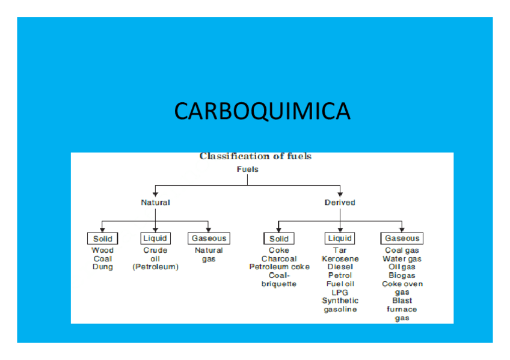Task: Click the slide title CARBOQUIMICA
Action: tap(262, 111)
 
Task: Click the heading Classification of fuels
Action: tap(255, 156)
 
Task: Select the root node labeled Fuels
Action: tap(247, 169)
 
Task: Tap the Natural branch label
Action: tap(155, 203)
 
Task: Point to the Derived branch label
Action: tap(340, 203)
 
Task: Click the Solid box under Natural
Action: tap(102, 239)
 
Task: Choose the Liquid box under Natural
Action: tap(155, 239)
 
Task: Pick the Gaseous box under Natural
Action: tap(209, 239)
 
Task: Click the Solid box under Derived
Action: tap(279, 239)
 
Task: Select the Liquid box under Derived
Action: tap(340, 239)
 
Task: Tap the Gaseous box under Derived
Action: tap(402, 239)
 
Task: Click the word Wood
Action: tap(102, 251)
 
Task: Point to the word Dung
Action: tap(102, 267)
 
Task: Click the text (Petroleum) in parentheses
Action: tap(155, 267)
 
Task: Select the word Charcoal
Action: tap(279, 259)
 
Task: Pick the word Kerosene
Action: tap(340, 259)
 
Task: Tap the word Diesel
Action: tap(340, 267)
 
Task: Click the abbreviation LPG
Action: tap(340, 292)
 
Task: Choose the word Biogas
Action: tap(402, 276)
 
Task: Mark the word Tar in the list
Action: tap(340, 251)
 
